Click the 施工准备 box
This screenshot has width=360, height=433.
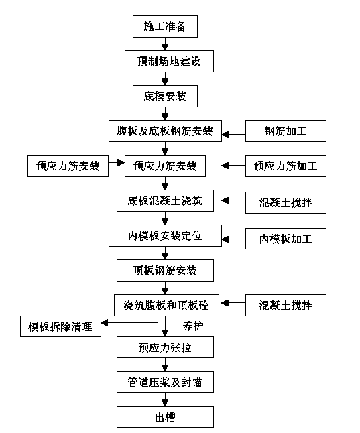165,27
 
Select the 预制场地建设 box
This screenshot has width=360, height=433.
169,61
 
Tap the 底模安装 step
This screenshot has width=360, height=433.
165,96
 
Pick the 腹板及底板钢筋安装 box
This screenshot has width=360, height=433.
165,131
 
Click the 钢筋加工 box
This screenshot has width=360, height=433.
286,131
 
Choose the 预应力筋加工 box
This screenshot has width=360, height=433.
286,166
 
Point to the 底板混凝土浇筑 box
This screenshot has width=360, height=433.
165,201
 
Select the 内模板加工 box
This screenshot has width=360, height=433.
286,239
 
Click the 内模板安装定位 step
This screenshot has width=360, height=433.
165,235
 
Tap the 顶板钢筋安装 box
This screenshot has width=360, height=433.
165,270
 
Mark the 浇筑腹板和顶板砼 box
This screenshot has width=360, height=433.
166,305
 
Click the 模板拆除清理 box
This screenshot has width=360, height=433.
60,326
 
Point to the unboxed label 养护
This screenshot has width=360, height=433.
193,326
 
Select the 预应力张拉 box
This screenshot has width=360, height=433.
165,347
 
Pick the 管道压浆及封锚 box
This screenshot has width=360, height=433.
165,382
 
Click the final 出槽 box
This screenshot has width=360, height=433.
165,417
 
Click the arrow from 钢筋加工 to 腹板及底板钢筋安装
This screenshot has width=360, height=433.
233,135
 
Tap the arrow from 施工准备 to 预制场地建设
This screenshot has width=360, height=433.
165,44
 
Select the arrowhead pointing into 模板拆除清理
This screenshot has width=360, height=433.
105,322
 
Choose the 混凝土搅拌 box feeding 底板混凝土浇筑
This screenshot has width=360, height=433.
286,202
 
